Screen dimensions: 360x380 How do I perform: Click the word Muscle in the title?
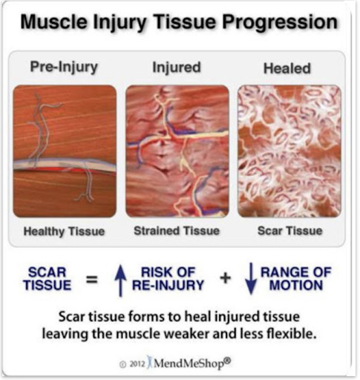[53, 22]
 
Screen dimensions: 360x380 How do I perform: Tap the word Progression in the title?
[280, 23]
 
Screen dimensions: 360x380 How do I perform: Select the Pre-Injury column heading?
[64, 68]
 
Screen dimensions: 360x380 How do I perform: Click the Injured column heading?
[177, 68]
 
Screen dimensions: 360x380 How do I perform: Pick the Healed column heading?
[287, 68]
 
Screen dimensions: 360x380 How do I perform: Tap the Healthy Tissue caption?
[64, 232]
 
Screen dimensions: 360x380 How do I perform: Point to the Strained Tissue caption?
[177, 231]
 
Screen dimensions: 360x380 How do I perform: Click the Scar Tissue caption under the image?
[290, 231]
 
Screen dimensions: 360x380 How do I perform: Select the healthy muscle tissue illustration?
[65, 151]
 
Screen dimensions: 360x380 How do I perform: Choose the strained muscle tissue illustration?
[177, 151]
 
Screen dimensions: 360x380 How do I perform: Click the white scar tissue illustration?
[289, 151]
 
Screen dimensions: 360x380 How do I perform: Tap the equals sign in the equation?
[91, 280]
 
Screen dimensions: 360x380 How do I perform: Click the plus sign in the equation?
[226, 278]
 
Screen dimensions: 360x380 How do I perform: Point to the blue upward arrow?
[120, 281]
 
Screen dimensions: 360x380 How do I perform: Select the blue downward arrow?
[251, 279]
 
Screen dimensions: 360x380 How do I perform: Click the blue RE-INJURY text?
[168, 285]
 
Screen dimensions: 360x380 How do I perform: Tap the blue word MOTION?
[296, 285]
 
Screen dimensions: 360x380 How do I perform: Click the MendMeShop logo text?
[192, 363]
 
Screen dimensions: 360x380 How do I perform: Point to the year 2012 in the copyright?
[137, 364]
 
